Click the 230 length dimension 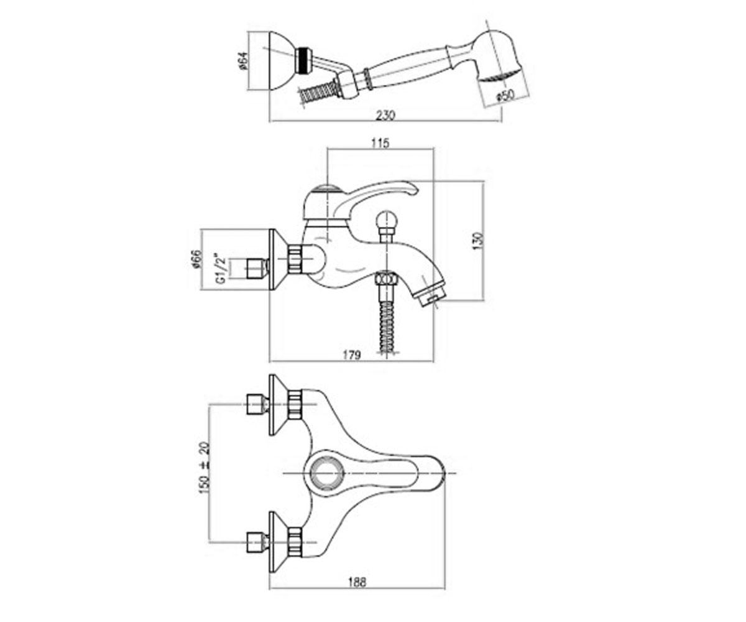pyautogui.click(x=385, y=115)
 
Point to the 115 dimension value pyautogui.click(x=380, y=143)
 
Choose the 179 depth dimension pyautogui.click(x=352, y=355)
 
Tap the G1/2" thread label pyautogui.click(x=221, y=269)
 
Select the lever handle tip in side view pyautogui.click(x=414, y=190)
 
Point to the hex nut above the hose pyautogui.click(x=386, y=279)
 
